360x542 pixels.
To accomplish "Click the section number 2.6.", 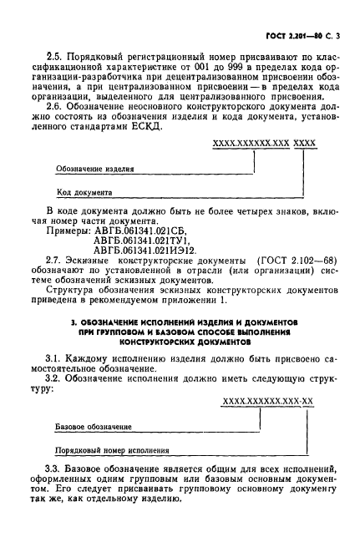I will coord(55,106).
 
